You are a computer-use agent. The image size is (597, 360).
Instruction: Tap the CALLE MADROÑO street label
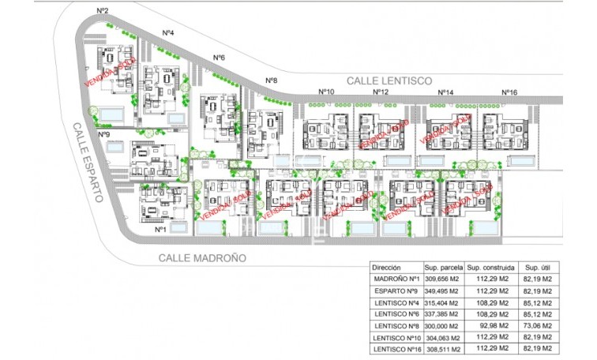coord(202,258)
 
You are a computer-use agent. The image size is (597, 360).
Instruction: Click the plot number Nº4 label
coord(168,32)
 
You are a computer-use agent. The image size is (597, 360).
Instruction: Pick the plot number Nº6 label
coord(219,58)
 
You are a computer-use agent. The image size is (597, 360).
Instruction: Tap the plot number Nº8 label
coord(271,81)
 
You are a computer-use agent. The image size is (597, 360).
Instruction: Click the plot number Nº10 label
coord(325,92)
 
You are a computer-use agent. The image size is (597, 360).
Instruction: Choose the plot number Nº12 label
coord(381,92)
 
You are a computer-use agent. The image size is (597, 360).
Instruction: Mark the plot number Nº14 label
coord(445,92)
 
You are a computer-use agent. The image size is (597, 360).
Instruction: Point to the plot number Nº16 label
coord(509,92)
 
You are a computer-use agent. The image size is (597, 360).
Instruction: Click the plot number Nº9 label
coord(103,134)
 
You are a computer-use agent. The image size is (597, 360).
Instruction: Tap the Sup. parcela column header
coord(443,268)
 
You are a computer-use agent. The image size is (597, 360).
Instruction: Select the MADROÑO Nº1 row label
coord(396,279)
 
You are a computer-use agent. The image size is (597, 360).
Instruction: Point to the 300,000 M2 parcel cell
coord(442,325)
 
